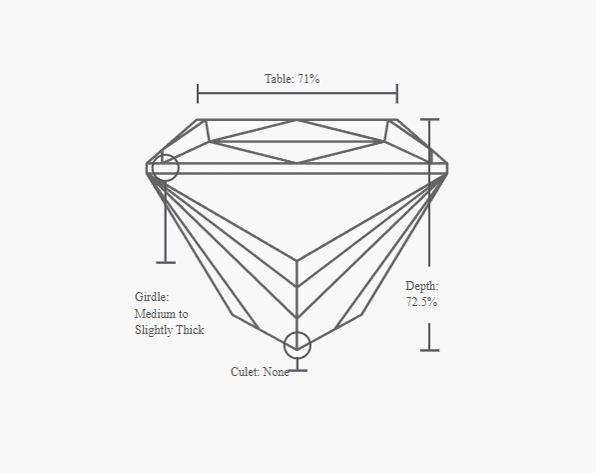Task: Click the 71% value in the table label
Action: pos(308,79)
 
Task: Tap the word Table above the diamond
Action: pos(280,79)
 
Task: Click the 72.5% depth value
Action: pos(421,302)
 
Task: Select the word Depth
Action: pos(422,286)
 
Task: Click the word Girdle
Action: pos(152,297)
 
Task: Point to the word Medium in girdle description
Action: pos(155,314)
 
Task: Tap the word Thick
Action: pos(192,330)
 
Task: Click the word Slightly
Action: pos(155,330)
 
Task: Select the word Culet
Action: pos(246,372)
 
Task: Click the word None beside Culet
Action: pos(277,372)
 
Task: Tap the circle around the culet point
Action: pos(298,332)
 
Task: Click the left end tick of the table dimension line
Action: pos(198,93)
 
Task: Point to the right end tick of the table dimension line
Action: pos(397,93)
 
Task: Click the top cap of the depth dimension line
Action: pos(429,120)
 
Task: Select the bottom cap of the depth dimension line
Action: pos(429,350)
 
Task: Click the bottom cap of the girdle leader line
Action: pos(166,262)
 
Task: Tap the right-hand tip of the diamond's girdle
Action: pos(447,168)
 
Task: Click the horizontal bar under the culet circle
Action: pos(298,370)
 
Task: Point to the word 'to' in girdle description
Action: pos(184,314)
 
